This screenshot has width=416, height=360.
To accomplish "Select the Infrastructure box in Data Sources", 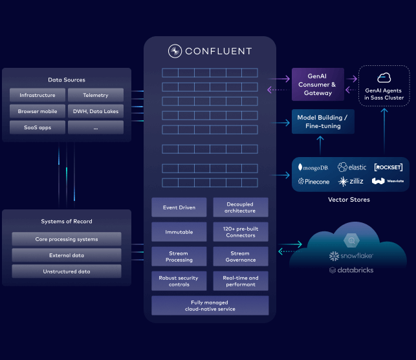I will coord(38,96).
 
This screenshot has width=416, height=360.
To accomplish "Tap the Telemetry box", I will coord(96,96).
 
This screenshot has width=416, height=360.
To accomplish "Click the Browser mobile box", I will coord(38,112).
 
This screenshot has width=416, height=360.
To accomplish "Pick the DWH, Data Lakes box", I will coord(96,112).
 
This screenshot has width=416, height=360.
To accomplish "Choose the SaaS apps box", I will coord(38,127).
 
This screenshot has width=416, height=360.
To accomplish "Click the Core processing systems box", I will coord(67,239).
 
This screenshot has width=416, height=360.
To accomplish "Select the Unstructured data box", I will coord(67,271).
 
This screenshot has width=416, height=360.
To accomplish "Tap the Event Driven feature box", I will coord(179,207).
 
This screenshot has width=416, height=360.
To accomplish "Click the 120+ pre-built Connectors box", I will coord(240,231).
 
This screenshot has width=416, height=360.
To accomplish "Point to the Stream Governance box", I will coord(240,257).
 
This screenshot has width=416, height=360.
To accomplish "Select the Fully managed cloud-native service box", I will coord(210,306).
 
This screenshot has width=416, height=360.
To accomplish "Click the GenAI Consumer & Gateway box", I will coord(318,84).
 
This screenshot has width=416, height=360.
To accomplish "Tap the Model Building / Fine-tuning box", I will coord(322,122).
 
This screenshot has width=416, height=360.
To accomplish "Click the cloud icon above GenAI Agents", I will coord(384,78).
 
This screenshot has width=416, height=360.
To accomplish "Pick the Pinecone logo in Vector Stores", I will coord(313,182).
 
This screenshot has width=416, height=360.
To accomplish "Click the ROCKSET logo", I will coord(388,167).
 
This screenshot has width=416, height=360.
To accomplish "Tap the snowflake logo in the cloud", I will coord(351,256).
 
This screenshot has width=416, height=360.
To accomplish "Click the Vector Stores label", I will coord(349,200).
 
